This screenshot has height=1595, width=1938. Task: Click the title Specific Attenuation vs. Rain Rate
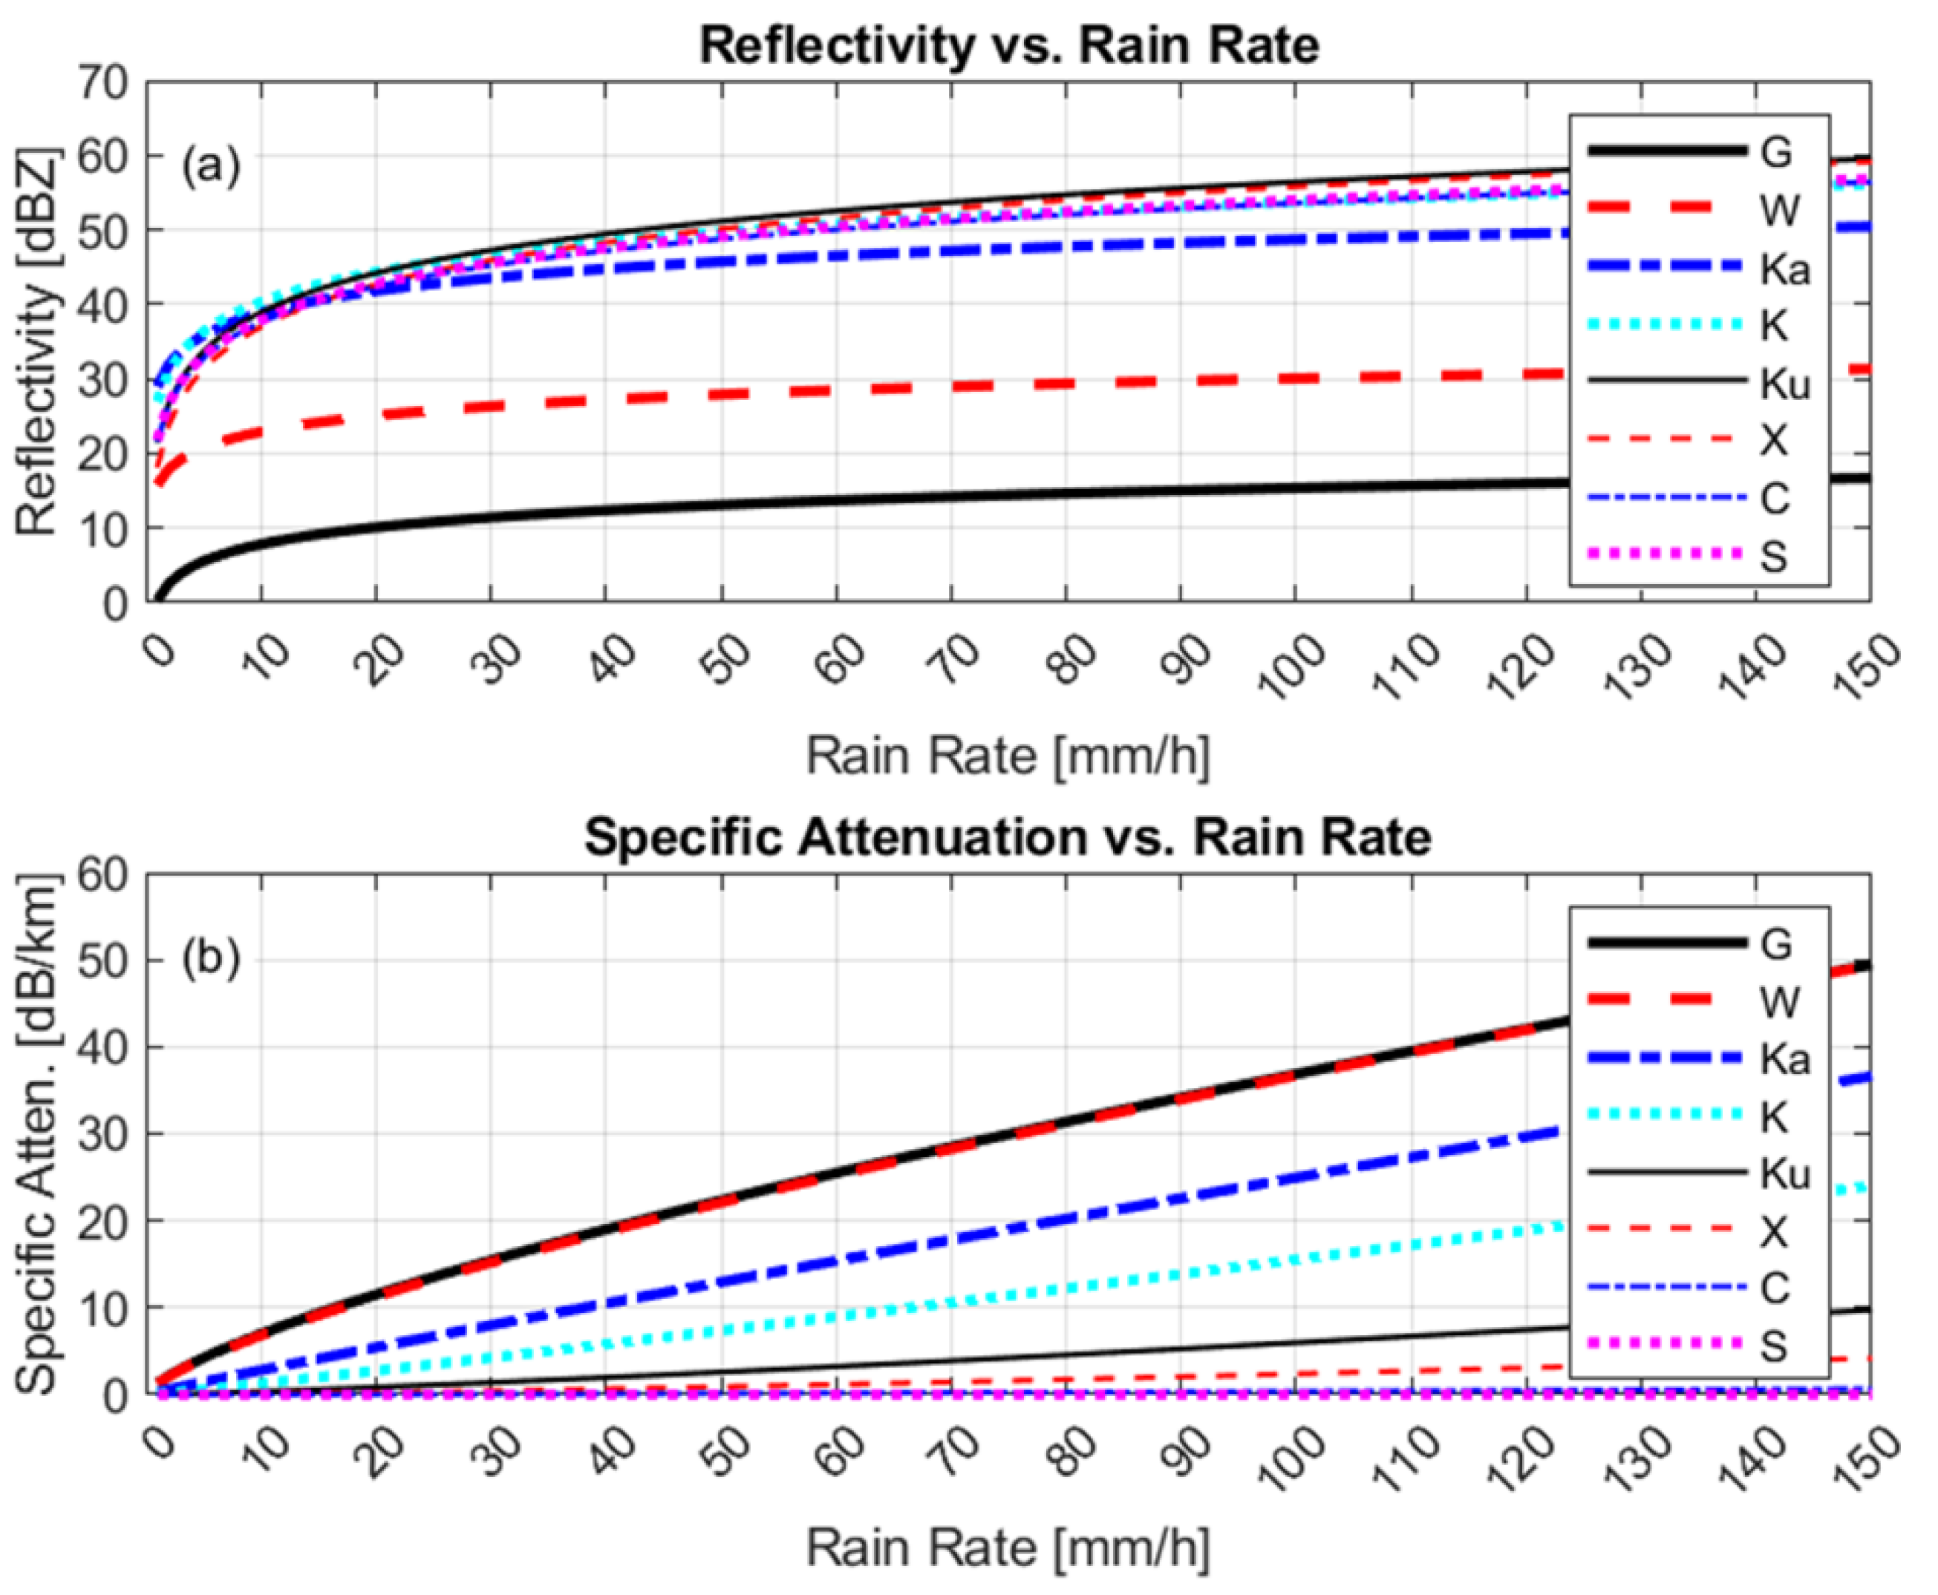pyautogui.click(x=1008, y=837)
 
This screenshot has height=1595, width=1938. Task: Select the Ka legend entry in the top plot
pyautogui.click(x=1783, y=268)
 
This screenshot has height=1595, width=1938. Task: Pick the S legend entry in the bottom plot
pyautogui.click(x=1773, y=1345)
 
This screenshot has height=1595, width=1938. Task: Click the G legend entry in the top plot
pyautogui.click(x=1775, y=152)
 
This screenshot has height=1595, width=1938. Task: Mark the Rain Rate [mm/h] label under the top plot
pyautogui.click(x=1008, y=756)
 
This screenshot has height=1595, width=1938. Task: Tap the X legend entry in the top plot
pyautogui.click(x=1773, y=441)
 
